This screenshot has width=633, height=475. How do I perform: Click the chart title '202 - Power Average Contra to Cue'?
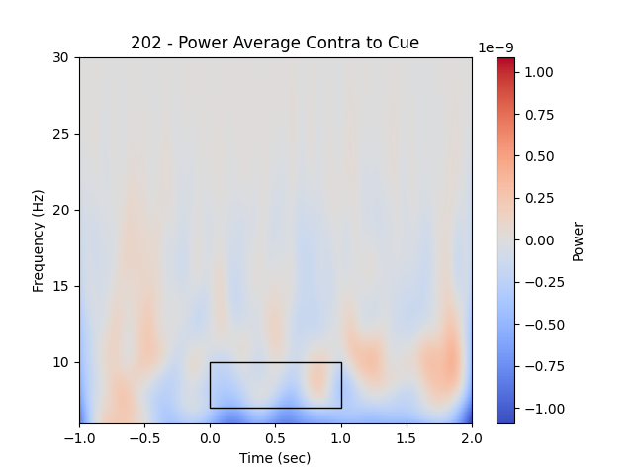pos(275,43)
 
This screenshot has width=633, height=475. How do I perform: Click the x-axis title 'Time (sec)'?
pos(275,458)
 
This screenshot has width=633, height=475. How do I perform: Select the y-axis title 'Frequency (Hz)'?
pos(39,240)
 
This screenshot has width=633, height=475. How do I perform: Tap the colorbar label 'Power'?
pos(579,240)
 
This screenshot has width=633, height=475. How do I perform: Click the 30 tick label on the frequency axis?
pos(62,57)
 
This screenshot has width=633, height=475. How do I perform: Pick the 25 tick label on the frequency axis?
pos(62,134)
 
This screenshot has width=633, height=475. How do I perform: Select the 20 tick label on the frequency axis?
pos(62,210)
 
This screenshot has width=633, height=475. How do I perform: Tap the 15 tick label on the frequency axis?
pos(62,286)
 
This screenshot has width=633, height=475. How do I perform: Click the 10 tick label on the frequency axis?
pos(62,362)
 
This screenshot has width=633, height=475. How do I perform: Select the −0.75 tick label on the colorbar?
pos(538,366)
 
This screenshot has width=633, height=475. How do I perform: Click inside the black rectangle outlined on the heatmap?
pos(275,385)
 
